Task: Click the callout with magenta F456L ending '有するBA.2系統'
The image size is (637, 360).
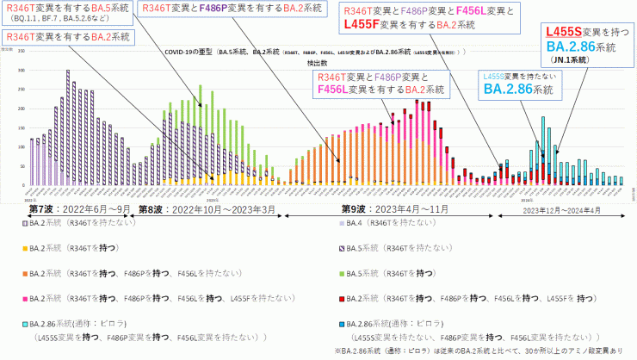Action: coord(381,83)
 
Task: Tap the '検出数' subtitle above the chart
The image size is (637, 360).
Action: coord(318,64)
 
